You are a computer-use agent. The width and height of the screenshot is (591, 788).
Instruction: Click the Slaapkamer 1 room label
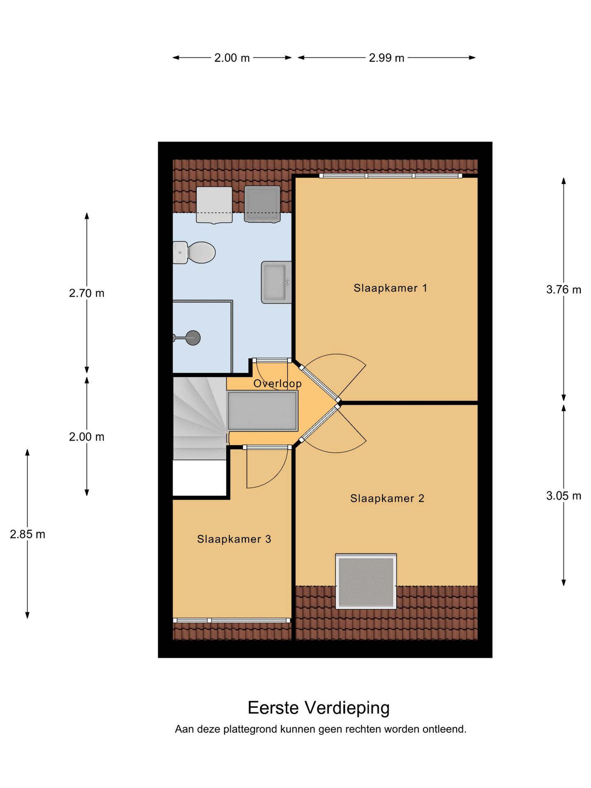[390, 288]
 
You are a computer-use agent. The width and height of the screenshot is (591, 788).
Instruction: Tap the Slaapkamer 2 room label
[387, 498]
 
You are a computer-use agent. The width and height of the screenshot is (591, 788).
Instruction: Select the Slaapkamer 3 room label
[234, 539]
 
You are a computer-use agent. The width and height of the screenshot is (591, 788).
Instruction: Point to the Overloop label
[277, 383]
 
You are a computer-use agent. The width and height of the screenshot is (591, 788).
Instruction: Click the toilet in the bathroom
[194, 252]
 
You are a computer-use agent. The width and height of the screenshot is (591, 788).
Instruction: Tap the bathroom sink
[276, 282]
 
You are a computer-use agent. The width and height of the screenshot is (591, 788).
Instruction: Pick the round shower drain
[193, 338]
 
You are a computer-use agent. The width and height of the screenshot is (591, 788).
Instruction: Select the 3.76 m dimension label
[564, 290]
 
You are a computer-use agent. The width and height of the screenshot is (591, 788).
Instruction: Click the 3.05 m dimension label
[564, 496]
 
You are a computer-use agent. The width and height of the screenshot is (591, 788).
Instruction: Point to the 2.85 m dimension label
[27, 534]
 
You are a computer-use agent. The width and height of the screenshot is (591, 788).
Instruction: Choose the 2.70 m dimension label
[87, 293]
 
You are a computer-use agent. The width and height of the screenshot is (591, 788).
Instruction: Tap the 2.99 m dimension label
[387, 58]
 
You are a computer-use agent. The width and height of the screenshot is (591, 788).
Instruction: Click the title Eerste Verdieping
[319, 707]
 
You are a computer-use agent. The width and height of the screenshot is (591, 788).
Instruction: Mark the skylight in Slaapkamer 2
[366, 581]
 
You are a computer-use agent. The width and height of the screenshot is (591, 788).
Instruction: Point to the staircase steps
[200, 418]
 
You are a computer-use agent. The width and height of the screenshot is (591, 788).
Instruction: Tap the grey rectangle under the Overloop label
[263, 411]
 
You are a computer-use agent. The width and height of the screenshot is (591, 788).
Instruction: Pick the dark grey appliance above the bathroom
[262, 204]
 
